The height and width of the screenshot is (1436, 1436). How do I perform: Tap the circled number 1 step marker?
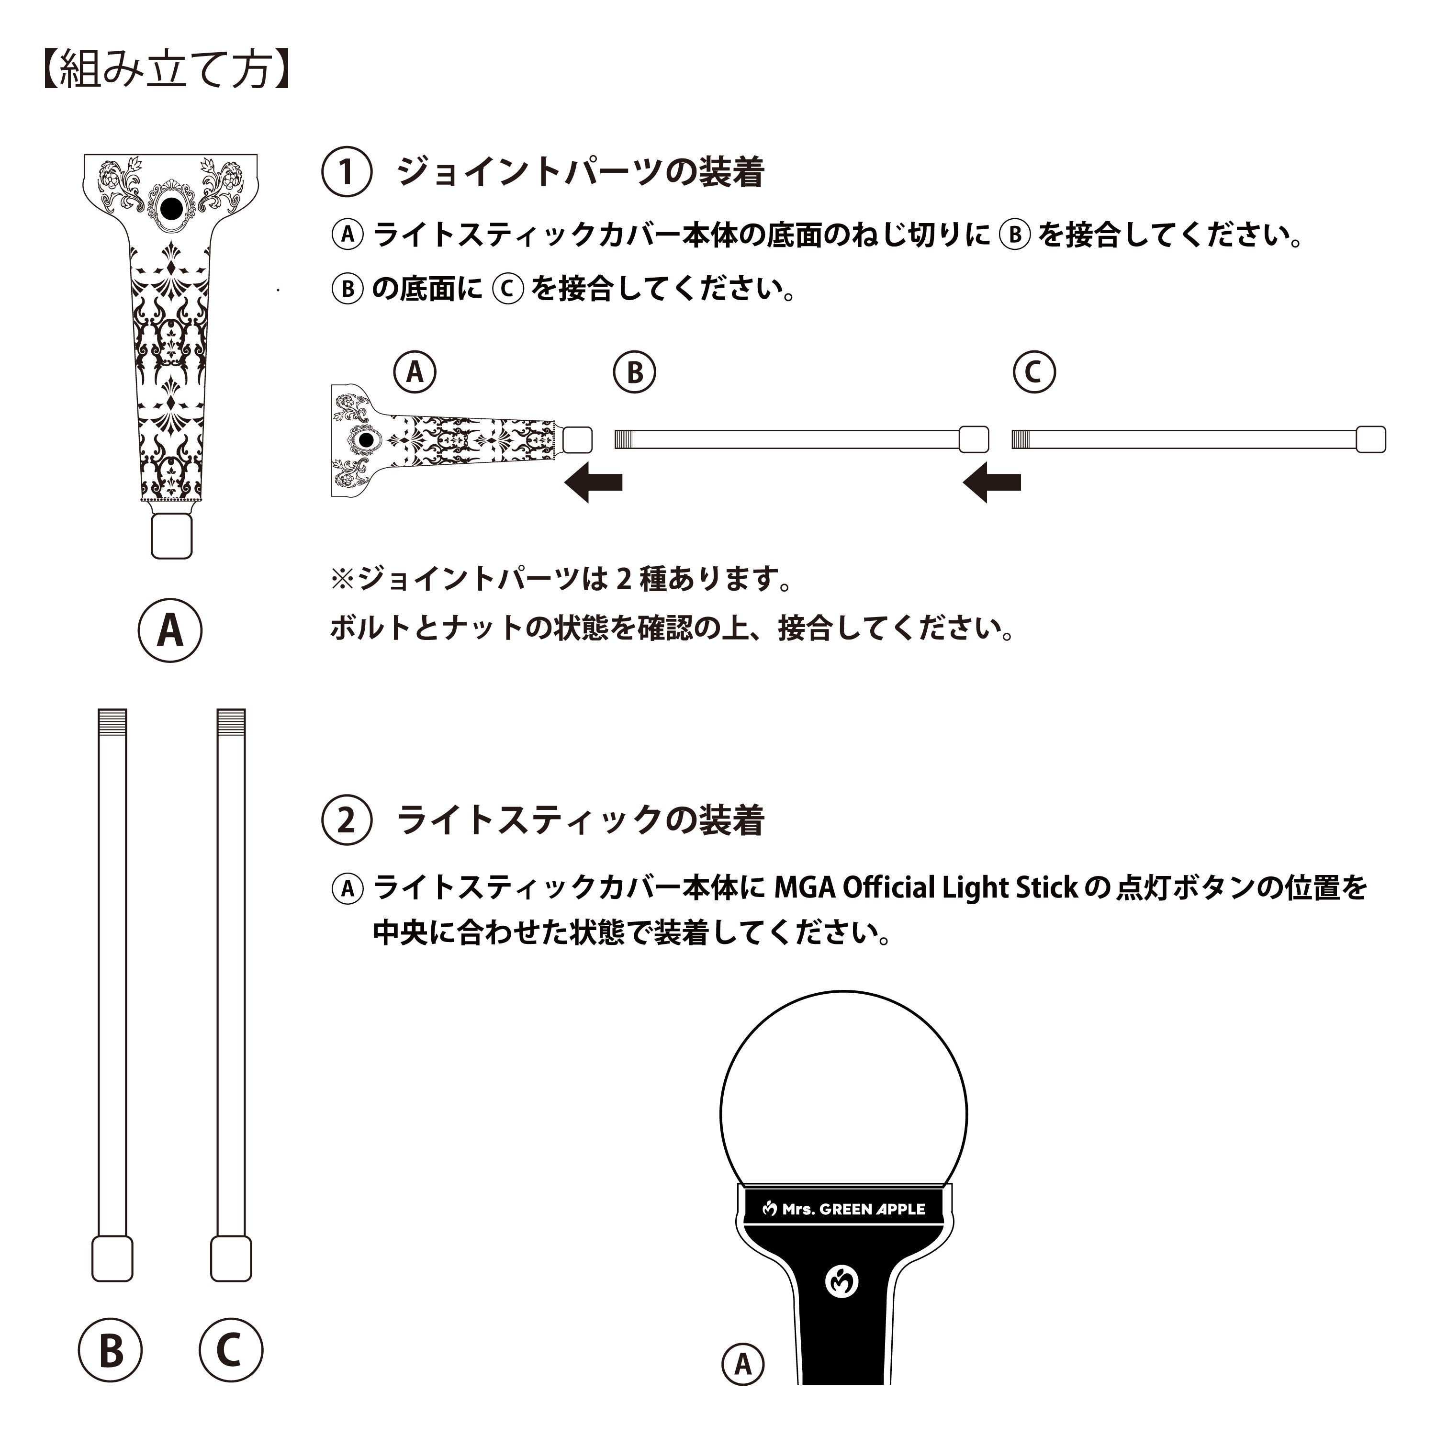(347, 172)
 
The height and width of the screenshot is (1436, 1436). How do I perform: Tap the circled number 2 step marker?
(347, 820)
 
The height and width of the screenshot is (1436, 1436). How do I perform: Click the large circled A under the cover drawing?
(170, 630)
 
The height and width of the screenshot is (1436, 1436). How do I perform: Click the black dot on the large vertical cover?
(171, 209)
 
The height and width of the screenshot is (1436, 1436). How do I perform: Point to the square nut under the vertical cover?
(172, 535)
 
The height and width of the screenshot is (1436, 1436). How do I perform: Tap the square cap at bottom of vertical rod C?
(231, 1259)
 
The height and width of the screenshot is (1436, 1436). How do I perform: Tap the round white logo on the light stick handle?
(842, 1281)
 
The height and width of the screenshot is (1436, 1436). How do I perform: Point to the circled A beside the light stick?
(742, 1365)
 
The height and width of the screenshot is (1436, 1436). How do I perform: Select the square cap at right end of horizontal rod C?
(1370, 439)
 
